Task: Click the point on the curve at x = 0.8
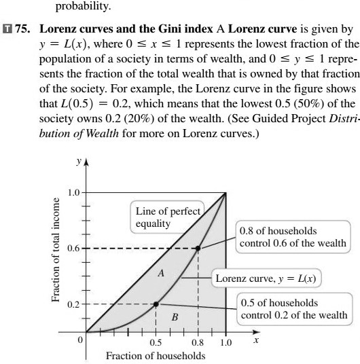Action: click(x=198, y=248)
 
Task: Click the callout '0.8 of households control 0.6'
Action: click(x=292, y=238)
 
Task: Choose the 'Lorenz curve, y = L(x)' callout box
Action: click(x=266, y=278)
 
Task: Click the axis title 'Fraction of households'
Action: click(x=155, y=356)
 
